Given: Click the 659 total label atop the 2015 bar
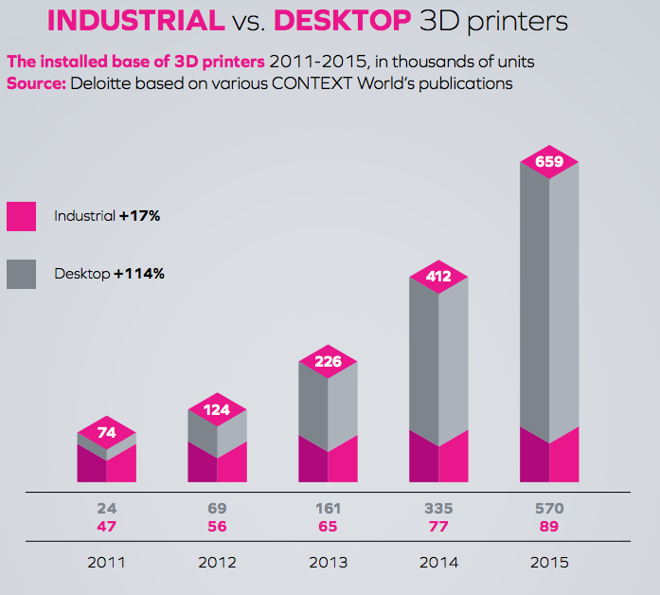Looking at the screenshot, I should tap(549, 162).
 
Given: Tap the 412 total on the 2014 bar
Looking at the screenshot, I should tap(438, 277).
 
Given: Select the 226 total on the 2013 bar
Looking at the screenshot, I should tap(328, 360).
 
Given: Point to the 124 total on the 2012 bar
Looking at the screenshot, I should tap(217, 409).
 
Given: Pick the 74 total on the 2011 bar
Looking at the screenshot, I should tap(106, 433).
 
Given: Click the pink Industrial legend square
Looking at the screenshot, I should tap(21, 216).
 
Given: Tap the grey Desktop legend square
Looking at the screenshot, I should tap(21, 274).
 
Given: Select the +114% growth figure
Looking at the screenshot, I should tap(139, 274).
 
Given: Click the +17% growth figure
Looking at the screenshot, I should tap(139, 216).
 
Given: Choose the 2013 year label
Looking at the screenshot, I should tap(328, 562).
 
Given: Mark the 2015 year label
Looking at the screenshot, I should tap(549, 562).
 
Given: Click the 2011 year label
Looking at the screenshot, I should tap(106, 562).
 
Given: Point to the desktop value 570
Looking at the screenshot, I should tap(549, 510).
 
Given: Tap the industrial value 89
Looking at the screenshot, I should tap(549, 527).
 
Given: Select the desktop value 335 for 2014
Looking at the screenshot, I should tap(438, 510).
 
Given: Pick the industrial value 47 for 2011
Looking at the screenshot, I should tap(106, 527).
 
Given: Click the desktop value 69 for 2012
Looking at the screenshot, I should tap(217, 510).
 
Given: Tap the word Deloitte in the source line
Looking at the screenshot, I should tap(116, 83).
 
